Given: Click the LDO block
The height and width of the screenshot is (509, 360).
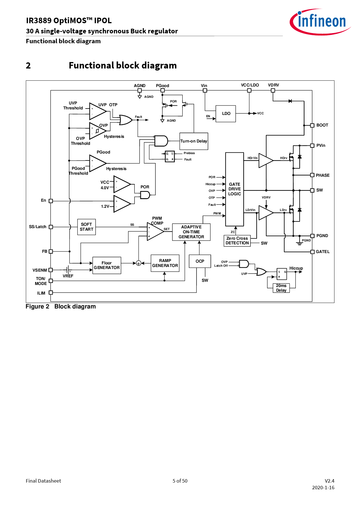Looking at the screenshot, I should (x=226, y=113).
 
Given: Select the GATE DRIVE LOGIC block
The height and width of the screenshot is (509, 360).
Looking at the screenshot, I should (x=234, y=189).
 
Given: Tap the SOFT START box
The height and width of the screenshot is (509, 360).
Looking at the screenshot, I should (x=87, y=227).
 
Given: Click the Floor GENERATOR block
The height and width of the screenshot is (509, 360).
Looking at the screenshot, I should (x=107, y=265).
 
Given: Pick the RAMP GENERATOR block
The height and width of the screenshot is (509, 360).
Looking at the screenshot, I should (x=165, y=263).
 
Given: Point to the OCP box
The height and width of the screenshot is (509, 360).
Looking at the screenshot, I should (x=200, y=261).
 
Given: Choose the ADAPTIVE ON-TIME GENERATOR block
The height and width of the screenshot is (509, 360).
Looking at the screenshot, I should (x=191, y=232).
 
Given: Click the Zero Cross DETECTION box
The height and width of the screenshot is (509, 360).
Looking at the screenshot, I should (x=237, y=241).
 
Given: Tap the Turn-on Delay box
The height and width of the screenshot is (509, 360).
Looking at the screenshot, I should (x=194, y=141).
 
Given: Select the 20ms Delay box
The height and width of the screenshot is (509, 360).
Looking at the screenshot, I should (x=281, y=288).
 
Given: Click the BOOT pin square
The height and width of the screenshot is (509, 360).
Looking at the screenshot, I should (x=312, y=125).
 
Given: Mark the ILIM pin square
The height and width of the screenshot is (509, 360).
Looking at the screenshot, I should (x=51, y=293).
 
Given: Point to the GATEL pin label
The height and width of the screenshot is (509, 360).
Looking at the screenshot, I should (x=323, y=252).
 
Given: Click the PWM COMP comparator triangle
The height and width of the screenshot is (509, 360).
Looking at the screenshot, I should (x=154, y=232).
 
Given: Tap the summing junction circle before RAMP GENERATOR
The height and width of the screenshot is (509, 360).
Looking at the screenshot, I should (x=138, y=263).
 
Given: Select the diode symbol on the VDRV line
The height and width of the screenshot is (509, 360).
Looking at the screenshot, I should (x=290, y=101).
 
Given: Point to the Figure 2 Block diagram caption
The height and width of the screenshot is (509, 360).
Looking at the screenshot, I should (x=61, y=306).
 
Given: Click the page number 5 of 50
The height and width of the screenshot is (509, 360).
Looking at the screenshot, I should (x=180, y=481).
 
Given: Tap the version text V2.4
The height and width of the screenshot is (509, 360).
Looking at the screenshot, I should (x=329, y=481).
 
